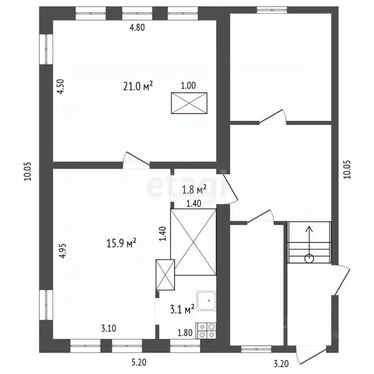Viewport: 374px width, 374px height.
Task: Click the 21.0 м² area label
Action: pyautogui.click(x=138, y=86)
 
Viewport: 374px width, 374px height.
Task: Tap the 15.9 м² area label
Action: pyautogui.click(x=121, y=243)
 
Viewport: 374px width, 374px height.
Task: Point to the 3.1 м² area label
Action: pyautogui.click(x=182, y=309)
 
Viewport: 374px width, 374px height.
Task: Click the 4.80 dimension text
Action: pyautogui.click(x=137, y=27)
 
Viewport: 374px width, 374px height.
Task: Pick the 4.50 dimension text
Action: pyautogui.click(x=61, y=86)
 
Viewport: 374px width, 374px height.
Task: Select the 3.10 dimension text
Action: pyautogui.click(x=109, y=328)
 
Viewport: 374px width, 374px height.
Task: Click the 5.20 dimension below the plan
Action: pyautogui.click(x=139, y=362)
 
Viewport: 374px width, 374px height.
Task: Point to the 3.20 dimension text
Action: pyautogui.click(x=281, y=364)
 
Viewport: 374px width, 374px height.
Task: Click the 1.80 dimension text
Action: pyautogui.click(x=185, y=333)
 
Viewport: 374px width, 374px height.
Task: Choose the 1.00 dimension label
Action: pyautogui.click(x=188, y=86)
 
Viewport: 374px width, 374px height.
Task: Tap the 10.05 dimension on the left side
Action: pyautogui.click(x=27, y=171)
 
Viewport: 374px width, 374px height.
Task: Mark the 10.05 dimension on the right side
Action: pyautogui.click(x=347, y=169)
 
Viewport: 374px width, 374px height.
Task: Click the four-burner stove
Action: pyautogui.click(x=206, y=331)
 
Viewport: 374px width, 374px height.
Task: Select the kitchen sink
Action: pyautogui.click(x=206, y=300)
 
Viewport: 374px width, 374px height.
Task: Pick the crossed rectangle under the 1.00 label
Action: pyautogui.click(x=189, y=103)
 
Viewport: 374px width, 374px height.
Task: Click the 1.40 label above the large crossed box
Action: pyautogui.click(x=194, y=204)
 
